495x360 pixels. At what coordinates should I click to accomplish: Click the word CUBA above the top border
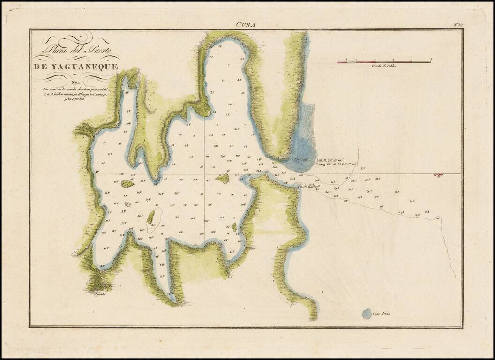246,24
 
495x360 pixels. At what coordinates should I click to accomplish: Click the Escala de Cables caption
383,66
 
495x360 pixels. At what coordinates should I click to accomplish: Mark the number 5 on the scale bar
430,60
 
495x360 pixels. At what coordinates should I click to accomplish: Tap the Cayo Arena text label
382,313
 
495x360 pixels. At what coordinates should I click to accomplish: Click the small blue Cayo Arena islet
367,314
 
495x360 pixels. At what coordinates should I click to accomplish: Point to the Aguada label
100,294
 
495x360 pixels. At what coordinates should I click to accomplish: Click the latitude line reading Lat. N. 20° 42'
333,160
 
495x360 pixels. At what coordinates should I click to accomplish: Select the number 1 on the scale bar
356,60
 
